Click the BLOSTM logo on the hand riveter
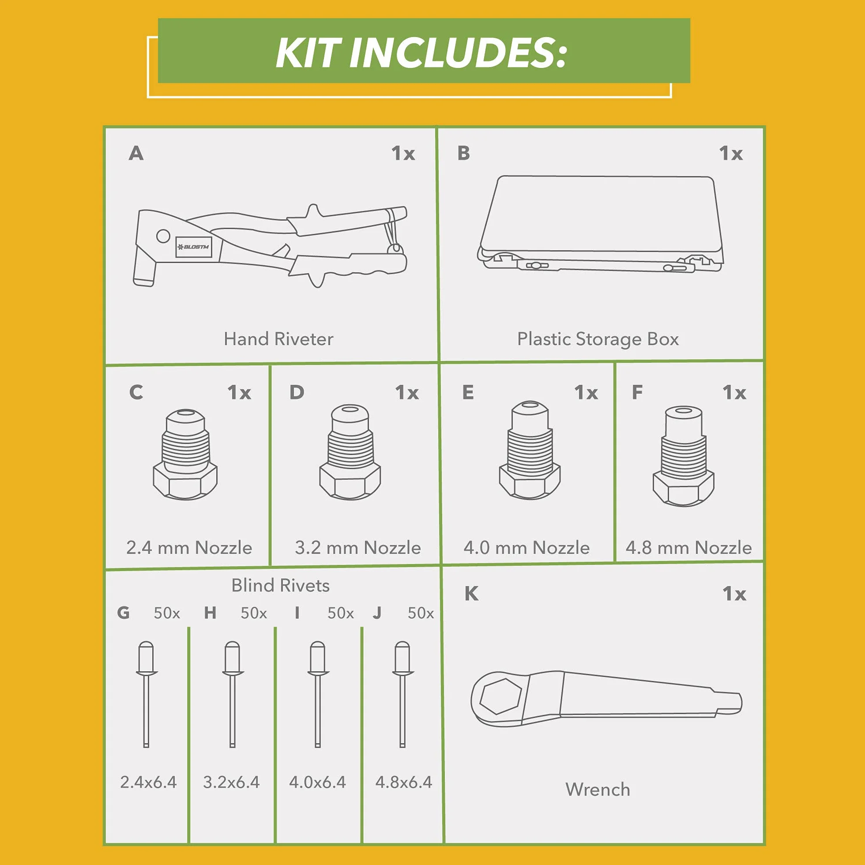click(x=193, y=247)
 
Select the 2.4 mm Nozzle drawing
click(x=185, y=454)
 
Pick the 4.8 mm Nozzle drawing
click(x=683, y=456)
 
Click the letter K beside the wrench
click(x=471, y=594)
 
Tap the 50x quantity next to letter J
click(x=421, y=613)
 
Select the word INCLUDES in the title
click(x=458, y=53)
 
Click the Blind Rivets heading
click(x=280, y=586)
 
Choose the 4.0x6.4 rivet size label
click(x=317, y=782)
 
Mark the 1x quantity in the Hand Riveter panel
click(x=403, y=154)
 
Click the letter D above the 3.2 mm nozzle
click(x=297, y=392)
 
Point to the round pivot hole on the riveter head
click(x=163, y=236)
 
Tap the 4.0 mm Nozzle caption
click(x=527, y=548)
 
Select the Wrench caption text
click(x=598, y=790)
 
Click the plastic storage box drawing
click(x=600, y=223)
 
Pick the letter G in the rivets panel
click(x=124, y=613)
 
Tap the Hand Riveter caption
click(x=278, y=339)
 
